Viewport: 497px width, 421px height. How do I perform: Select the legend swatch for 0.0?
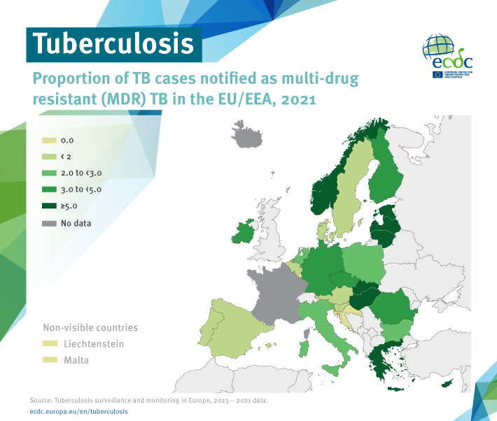click(51, 140)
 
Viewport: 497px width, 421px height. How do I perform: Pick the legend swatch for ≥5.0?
click(51, 206)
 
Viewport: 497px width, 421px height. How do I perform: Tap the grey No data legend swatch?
click(51, 223)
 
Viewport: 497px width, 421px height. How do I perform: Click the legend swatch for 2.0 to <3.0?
click(51, 173)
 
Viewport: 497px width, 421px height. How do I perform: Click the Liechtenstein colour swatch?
click(51, 344)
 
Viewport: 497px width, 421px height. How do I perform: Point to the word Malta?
click(77, 361)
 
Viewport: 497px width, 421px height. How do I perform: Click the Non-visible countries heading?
click(90, 327)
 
